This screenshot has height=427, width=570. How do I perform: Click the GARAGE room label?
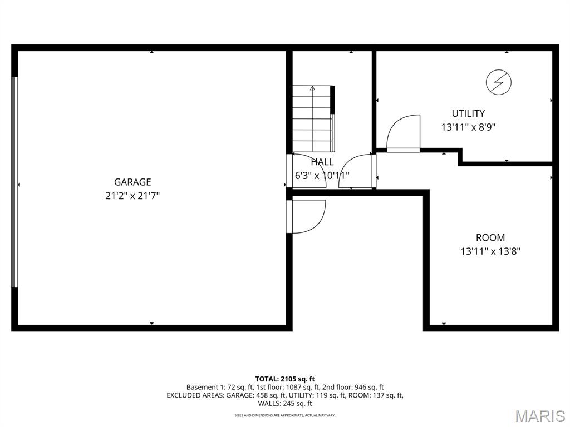tap(132, 182)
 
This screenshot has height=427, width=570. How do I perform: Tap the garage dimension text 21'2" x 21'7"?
tap(132, 196)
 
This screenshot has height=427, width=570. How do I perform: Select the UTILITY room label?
tap(468, 113)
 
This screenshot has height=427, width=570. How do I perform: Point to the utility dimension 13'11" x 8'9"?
tap(469, 127)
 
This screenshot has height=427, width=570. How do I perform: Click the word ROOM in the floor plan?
tap(490, 237)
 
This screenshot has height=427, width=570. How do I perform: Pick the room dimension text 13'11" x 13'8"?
tap(490, 251)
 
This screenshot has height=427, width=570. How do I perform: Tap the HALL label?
tap(322, 162)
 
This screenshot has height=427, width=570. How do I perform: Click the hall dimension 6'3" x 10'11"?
tap(322, 176)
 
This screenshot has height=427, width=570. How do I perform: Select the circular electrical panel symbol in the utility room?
tap(499, 82)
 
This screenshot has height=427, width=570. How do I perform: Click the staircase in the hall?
tap(313, 119)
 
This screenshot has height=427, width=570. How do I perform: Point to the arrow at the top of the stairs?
tap(312, 88)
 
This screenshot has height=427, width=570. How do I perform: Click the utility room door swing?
tap(403, 133)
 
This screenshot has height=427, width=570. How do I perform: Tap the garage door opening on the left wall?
tap(14, 182)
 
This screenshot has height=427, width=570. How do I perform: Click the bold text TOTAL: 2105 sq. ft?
tap(285, 379)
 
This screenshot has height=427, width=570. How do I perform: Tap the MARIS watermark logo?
tap(540, 416)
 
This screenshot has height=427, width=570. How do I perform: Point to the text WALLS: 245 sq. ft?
tap(285, 404)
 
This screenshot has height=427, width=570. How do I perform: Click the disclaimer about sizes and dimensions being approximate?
tap(285, 415)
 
